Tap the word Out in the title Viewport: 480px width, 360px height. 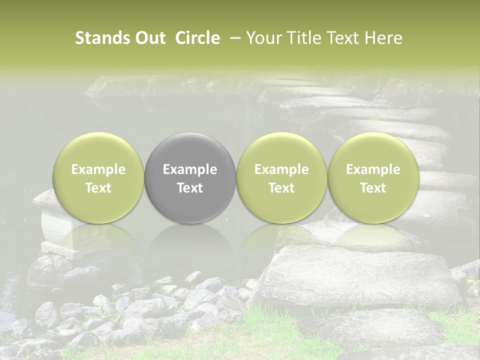coord(149,38)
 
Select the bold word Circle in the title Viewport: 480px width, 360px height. coord(197,38)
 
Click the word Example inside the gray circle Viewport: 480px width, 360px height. coord(190,169)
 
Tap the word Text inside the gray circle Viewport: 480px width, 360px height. coord(190,188)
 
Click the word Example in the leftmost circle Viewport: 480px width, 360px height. coord(98,169)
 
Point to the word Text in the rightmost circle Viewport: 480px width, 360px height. coord(373,188)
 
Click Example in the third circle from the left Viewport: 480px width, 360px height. coord(281,169)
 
